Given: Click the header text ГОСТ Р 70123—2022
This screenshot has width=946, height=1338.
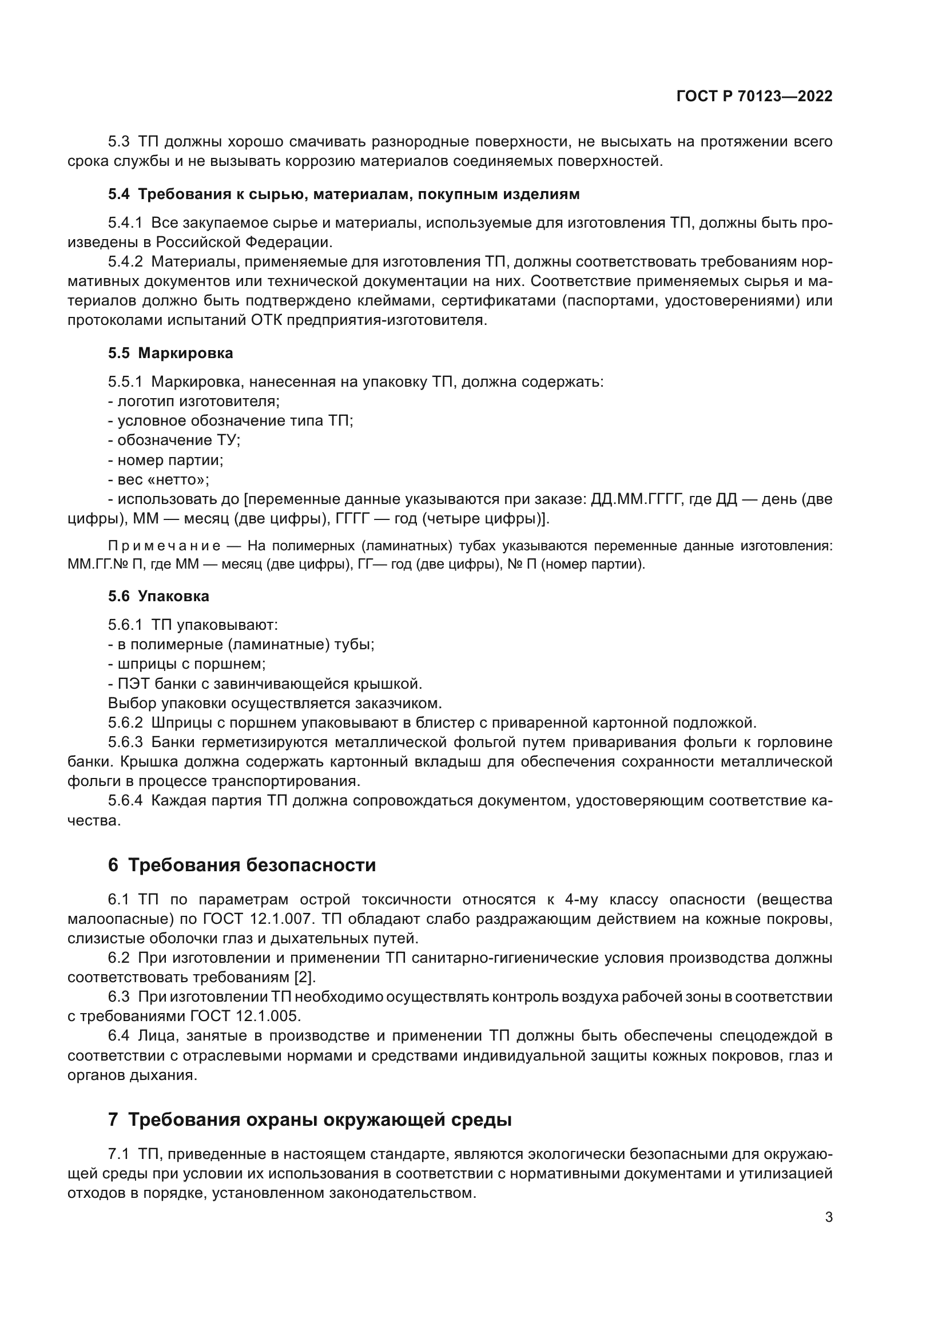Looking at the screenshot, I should coord(754,97).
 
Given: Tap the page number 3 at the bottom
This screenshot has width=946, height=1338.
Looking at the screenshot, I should coord(828,1217).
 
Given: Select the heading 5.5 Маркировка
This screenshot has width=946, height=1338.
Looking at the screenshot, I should coord(170,352).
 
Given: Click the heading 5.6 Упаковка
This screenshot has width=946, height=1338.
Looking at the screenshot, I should coord(158,595).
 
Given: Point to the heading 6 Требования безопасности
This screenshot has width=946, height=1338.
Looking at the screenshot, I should coord(242,865).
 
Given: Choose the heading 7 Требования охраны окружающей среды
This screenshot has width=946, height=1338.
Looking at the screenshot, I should coord(309,1119).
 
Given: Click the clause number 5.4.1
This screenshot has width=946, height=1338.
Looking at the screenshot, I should coord(125,223).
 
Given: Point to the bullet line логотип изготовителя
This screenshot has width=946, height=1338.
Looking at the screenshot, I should coord(194,401).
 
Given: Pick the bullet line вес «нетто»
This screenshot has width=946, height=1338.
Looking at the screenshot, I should coord(159,479).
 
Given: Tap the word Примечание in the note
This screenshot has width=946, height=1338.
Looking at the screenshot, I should coord(164,546).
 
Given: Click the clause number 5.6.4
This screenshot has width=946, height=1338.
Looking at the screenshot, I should coord(125,800).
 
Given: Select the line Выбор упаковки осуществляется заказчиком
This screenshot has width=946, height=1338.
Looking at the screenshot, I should coord(275,703).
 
